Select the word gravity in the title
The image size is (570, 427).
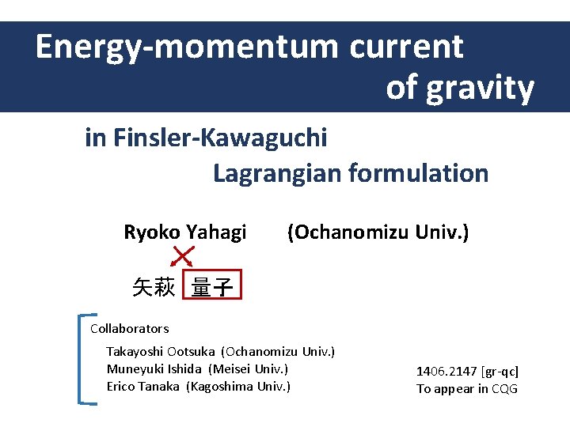click(x=481, y=89)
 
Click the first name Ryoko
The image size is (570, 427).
click(x=152, y=232)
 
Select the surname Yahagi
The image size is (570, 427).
click(x=216, y=232)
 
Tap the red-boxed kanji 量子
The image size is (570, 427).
click(x=212, y=287)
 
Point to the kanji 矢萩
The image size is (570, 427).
click(x=154, y=287)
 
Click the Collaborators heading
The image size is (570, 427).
click(x=129, y=328)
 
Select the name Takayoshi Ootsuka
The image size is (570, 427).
click(x=161, y=351)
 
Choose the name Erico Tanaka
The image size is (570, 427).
click(x=143, y=386)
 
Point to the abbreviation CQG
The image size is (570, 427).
click(x=504, y=388)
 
